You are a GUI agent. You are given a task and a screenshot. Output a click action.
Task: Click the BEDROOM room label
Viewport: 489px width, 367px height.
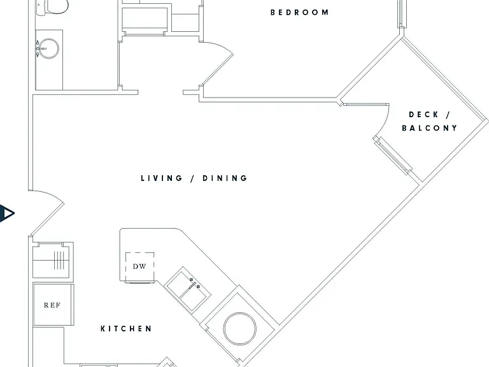(299, 13)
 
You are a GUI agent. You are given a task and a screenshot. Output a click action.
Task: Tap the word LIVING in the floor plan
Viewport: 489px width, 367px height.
(162, 178)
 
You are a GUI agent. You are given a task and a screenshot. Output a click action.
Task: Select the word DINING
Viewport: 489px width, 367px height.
(225, 178)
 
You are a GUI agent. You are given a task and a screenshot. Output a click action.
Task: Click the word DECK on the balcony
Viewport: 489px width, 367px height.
(423, 115)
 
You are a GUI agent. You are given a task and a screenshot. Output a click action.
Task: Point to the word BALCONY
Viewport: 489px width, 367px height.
(429, 128)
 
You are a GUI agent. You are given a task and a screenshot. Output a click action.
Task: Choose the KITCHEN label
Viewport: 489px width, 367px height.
(126, 329)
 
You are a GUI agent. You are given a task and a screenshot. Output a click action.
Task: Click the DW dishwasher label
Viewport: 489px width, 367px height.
(139, 266)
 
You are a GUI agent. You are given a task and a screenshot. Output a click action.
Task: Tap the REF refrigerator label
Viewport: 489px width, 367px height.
(52, 305)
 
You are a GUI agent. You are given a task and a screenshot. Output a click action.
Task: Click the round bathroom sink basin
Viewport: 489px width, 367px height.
(49, 48)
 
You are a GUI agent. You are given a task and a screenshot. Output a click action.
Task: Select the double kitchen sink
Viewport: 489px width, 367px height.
(187, 289)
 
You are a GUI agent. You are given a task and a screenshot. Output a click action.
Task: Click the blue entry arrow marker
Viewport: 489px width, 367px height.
(7, 213)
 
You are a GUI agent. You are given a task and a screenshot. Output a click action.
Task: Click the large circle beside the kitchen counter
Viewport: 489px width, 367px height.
(240, 329)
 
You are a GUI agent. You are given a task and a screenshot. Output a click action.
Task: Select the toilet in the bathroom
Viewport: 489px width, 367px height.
(52, 7)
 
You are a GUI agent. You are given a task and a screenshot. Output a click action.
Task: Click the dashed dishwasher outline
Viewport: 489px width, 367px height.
(139, 267)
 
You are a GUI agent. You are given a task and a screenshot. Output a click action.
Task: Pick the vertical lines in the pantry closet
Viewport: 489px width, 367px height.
(59, 260)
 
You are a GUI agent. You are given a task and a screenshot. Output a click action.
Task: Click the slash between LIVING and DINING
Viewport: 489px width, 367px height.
(193, 178)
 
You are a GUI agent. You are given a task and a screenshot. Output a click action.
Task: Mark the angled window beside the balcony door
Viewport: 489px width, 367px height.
(393, 155)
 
